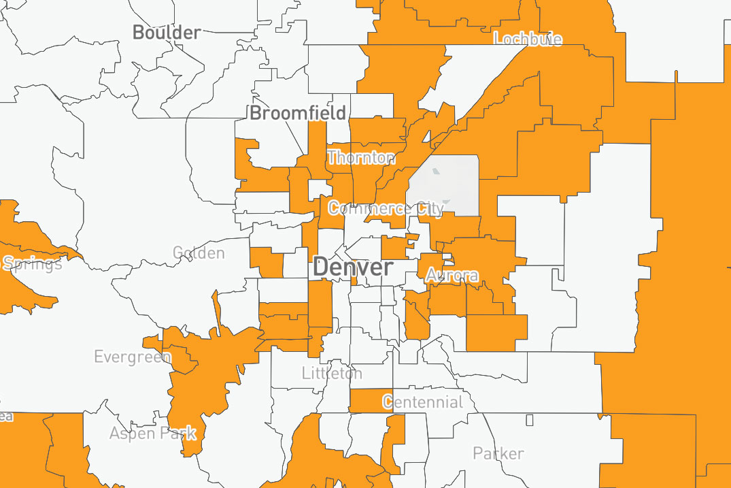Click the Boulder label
[x=167, y=32]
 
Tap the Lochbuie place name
[x=528, y=39]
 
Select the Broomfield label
[x=298, y=113]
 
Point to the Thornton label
[x=360, y=158]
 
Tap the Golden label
[x=199, y=253]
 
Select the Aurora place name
[x=452, y=276]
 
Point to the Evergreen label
[x=133, y=357]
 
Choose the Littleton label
[x=332, y=373]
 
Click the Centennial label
[x=422, y=402]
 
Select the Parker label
[x=498, y=453]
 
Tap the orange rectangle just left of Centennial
[x=365, y=400]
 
